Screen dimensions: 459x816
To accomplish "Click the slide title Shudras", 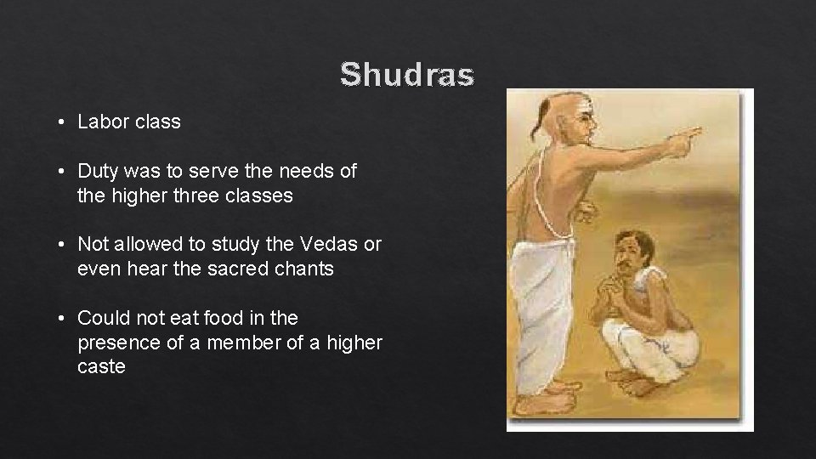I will coord(407,75).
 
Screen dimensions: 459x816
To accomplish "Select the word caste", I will coord(101,367).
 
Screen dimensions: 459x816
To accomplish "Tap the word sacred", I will coord(234,269).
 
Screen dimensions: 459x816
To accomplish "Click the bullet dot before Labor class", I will coord(64,122).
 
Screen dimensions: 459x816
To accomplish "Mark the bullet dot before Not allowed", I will coord(64,246).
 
